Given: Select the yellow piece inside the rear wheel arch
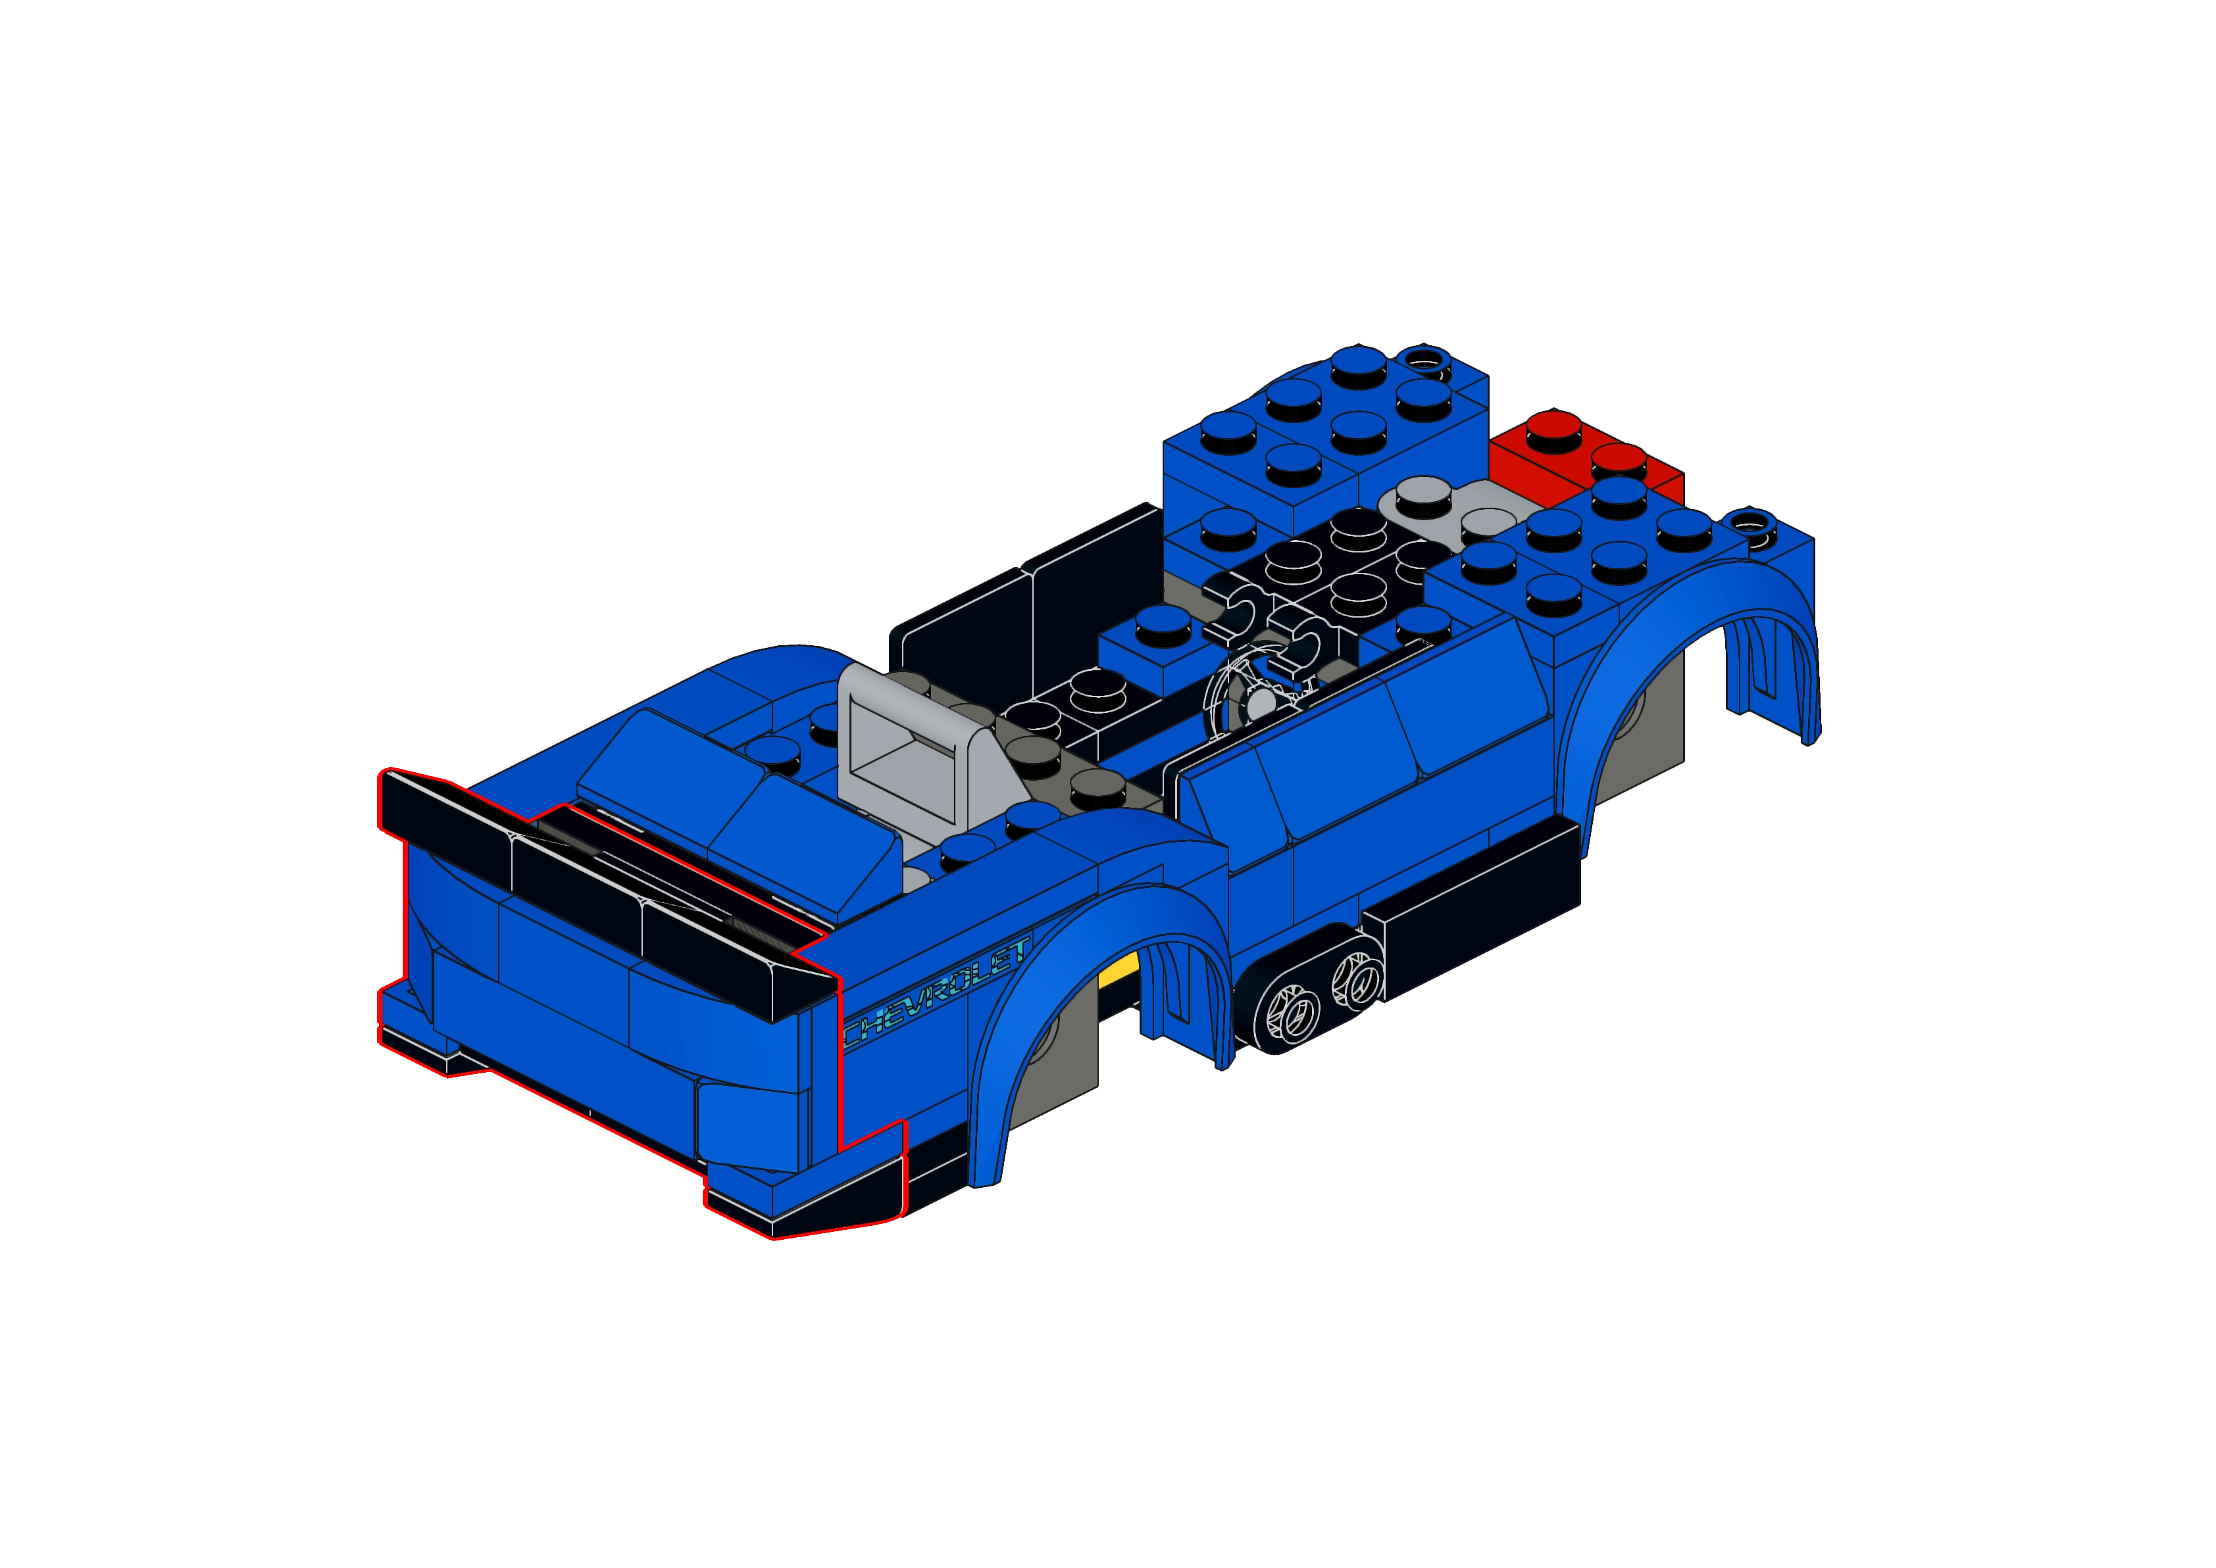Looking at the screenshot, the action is pos(1120,969).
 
